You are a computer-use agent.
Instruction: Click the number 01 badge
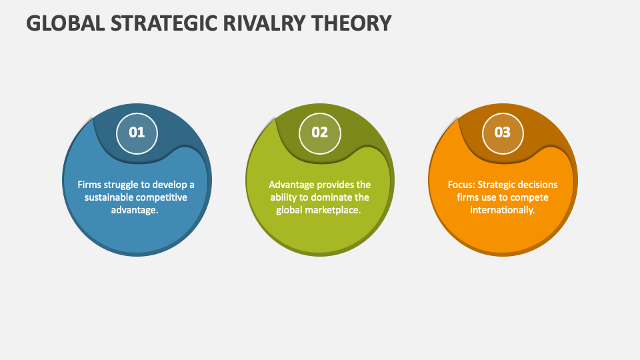[x=137, y=132]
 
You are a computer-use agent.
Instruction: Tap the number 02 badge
[x=320, y=132]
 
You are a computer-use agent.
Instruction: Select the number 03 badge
[x=502, y=132]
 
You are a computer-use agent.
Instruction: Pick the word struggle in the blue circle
[x=121, y=185]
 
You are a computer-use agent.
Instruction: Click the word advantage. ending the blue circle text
[x=136, y=210]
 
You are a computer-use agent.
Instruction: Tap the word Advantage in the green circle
[x=291, y=185]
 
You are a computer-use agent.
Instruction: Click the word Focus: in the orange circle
[x=462, y=185]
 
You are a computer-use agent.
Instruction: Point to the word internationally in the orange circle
[x=503, y=210]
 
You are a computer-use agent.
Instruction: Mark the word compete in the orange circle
[x=531, y=197]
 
